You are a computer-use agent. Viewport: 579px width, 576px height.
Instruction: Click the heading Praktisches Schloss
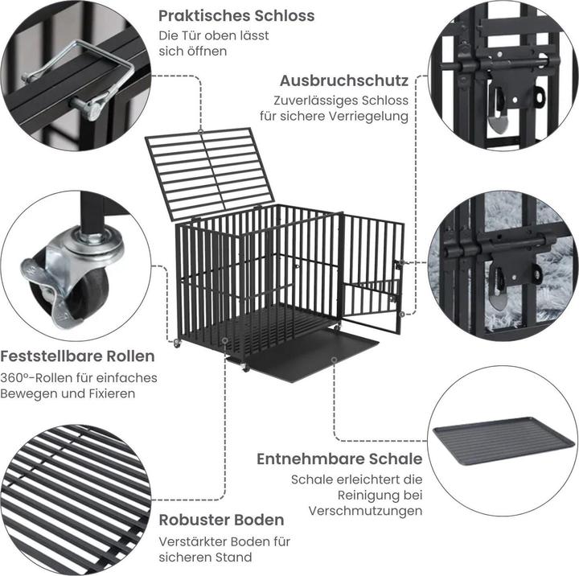click(236, 15)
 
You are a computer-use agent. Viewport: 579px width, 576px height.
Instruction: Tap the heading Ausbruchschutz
click(343, 80)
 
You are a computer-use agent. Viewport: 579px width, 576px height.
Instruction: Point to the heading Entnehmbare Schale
click(339, 459)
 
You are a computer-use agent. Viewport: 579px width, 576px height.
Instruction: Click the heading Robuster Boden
click(221, 520)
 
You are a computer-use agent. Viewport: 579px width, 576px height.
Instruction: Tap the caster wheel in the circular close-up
click(68, 278)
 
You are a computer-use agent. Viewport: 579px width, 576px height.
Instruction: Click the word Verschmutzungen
click(364, 511)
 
